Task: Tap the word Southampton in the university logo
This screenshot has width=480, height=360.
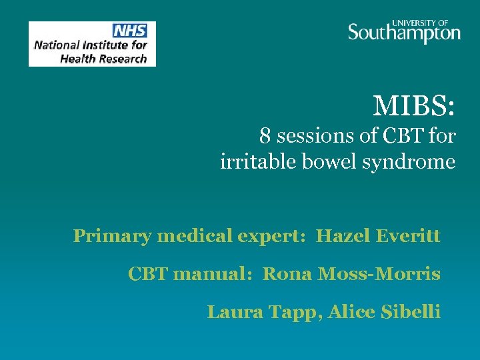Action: (404, 33)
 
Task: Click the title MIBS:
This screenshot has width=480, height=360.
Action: (414, 105)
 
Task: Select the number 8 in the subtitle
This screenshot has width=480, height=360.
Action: (265, 137)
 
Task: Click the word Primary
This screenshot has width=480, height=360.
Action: (101, 237)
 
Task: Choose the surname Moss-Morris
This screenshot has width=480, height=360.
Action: (389, 273)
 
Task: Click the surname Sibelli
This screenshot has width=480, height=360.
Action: (409, 311)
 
